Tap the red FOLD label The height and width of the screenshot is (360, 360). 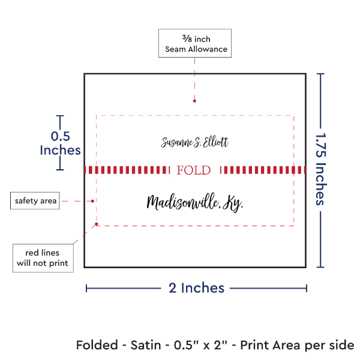(x=194, y=170)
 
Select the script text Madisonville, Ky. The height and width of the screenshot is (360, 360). (x=195, y=203)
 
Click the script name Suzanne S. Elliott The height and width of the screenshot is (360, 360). (x=195, y=142)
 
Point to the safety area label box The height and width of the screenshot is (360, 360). (x=36, y=201)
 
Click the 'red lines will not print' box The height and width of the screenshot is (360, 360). (x=43, y=257)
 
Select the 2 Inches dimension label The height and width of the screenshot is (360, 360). (x=196, y=288)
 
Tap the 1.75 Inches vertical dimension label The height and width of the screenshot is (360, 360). (x=321, y=170)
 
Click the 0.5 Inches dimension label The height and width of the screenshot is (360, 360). (x=59, y=143)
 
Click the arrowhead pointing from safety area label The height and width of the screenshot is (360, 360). (x=94, y=201)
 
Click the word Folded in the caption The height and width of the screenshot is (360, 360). (x=97, y=346)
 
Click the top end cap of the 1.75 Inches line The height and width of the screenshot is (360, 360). (x=321, y=74)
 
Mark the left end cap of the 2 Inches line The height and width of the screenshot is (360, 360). (x=86, y=288)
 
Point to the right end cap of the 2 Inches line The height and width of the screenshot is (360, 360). (x=307, y=288)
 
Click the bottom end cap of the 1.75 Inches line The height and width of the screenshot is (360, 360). (x=321, y=267)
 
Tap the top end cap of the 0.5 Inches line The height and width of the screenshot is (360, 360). (x=59, y=116)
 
